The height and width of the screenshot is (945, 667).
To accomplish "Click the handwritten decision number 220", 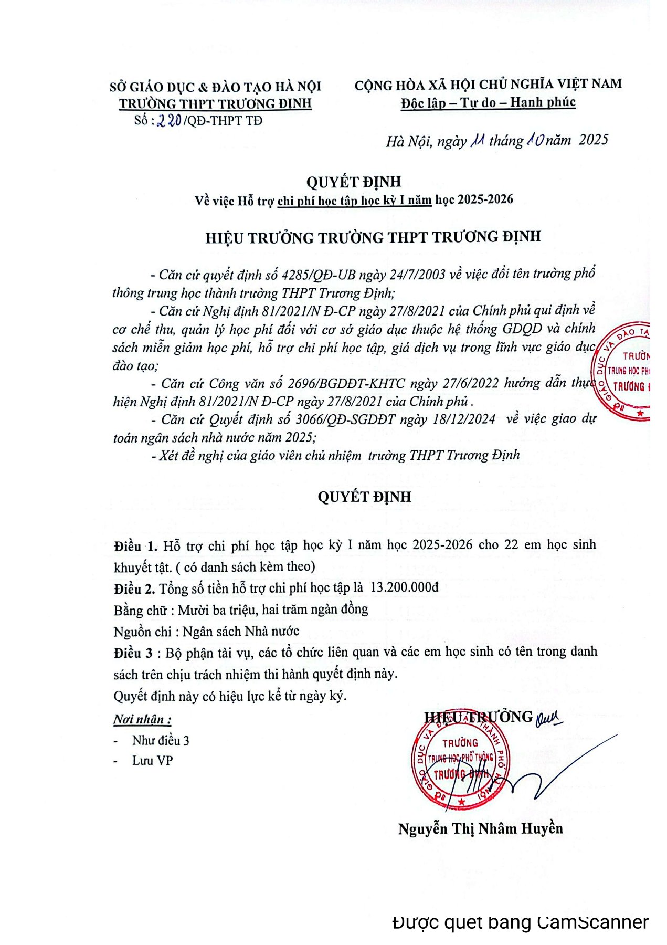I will point(170,121).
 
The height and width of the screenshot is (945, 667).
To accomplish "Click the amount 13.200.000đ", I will point(404,587).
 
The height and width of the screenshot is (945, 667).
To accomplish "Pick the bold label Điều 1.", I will point(135,546).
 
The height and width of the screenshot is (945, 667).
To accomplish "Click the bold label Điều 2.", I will point(134,589).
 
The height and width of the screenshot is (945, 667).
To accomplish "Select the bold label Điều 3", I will point(133,653).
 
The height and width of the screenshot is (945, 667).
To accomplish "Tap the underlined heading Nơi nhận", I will point(142,719).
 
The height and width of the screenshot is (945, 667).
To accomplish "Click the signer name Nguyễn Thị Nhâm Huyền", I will point(480,829).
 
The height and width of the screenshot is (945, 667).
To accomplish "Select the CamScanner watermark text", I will point(520,922).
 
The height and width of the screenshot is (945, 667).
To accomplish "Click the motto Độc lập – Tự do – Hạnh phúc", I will point(488,102).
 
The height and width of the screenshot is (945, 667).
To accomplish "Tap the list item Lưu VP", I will point(152,761).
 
